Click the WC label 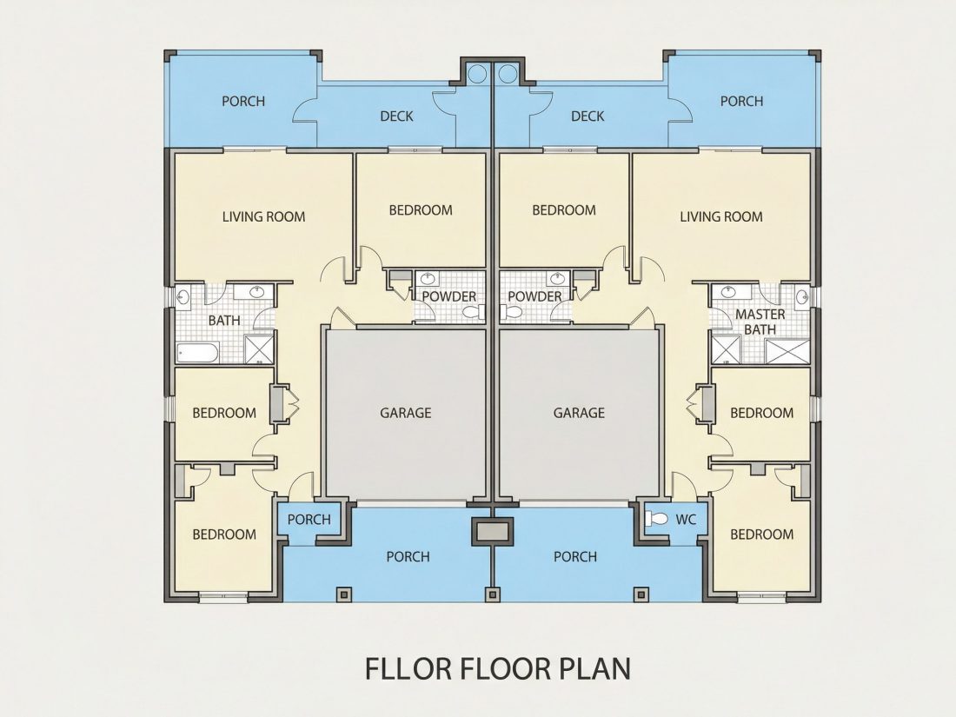[x=686, y=520]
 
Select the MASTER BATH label [x=760, y=322]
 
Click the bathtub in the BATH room [x=198, y=352]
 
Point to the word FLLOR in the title [x=408, y=668]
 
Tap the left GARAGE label [x=406, y=413]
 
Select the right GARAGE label [x=579, y=413]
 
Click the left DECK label [x=396, y=116]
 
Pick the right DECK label [x=588, y=116]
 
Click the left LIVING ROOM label [x=263, y=216]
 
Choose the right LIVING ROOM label [x=721, y=216]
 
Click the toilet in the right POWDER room [x=511, y=313]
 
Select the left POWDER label [x=449, y=296]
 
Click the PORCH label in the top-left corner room [x=243, y=101]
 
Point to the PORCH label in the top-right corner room [x=741, y=101]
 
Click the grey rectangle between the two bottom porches [x=494, y=531]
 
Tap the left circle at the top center [x=477, y=74]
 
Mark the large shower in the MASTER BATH [x=787, y=352]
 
